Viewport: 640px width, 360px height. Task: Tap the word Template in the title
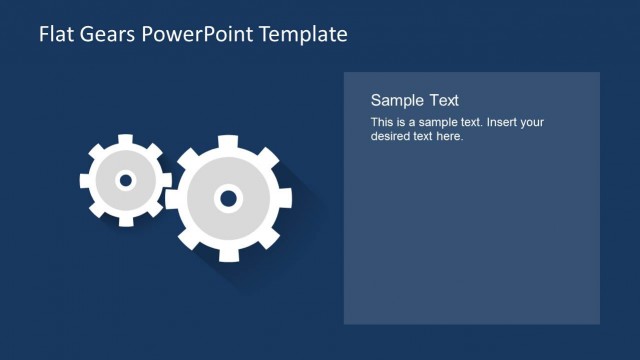coord(303,34)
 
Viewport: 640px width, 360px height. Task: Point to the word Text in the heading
coord(444,100)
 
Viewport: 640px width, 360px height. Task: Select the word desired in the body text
coord(391,136)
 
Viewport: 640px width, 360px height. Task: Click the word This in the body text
coord(381,122)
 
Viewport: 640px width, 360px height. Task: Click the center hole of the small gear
coord(125,181)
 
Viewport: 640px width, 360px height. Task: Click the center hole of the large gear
coord(228,198)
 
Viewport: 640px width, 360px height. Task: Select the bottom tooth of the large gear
coord(229,256)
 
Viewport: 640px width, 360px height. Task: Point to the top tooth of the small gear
coord(126,139)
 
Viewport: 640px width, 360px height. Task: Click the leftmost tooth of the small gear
coord(84,181)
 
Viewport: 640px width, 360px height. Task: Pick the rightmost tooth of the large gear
coord(286,198)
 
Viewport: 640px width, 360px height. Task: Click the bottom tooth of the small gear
coord(126,222)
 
